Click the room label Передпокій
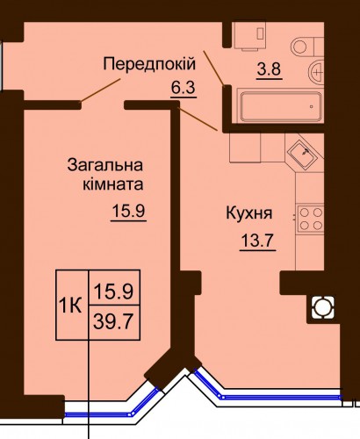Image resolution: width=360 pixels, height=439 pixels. (149, 64)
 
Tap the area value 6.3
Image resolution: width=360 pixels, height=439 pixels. (183, 88)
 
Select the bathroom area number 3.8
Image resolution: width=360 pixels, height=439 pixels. (269, 69)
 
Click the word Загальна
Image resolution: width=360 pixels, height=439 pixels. (105, 165)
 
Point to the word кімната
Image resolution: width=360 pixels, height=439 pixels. (113, 185)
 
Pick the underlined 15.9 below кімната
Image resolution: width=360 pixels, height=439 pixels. (128, 211)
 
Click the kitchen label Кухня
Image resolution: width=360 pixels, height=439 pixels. (249, 214)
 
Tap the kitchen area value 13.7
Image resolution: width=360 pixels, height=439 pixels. (257, 241)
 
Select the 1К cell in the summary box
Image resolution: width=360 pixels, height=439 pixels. (70, 306)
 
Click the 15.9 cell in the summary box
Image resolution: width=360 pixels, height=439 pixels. (114, 287)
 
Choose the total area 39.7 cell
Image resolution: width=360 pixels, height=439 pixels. (114, 322)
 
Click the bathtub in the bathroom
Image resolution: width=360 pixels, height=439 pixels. (281, 106)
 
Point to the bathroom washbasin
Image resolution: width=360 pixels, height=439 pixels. (316, 71)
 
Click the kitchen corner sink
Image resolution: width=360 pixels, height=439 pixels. (302, 153)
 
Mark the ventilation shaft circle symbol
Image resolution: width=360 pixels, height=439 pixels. (322, 307)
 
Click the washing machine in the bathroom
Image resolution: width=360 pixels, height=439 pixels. (249, 34)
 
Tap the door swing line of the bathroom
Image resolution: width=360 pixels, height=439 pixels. (214, 68)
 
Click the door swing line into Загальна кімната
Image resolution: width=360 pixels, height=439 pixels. (100, 90)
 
